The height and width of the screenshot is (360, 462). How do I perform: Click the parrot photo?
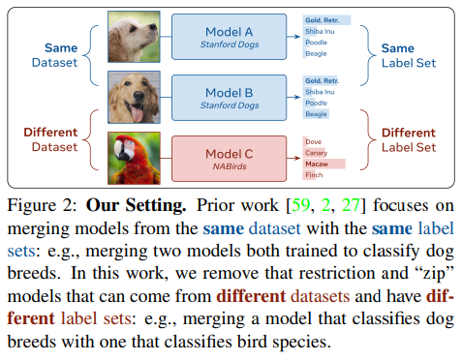coord(135,159)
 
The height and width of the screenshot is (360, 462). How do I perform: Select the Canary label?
coord(317,152)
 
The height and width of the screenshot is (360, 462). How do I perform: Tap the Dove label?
coord(313,141)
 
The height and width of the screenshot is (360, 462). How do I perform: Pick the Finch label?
coord(313,175)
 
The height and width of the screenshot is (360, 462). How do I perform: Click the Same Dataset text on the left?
coord(54,54)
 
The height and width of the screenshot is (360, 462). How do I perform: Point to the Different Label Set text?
coord(408,141)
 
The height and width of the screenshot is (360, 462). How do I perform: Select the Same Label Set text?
coord(408,55)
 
